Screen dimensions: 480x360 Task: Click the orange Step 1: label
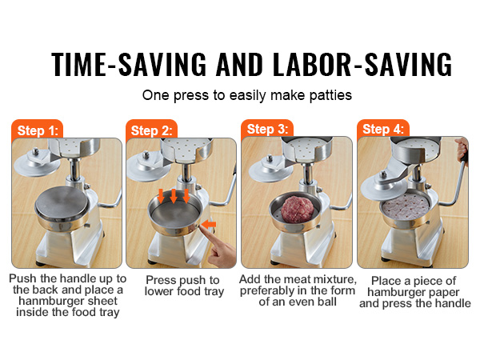tap(38, 130)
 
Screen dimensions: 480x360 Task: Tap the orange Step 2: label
tap(152, 130)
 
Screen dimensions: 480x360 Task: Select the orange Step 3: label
tap(267, 129)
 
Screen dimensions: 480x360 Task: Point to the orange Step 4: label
tap(383, 129)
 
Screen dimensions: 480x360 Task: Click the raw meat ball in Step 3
tap(298, 210)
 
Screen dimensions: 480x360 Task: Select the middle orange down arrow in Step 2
tap(174, 196)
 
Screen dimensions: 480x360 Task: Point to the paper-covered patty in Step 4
tap(406, 206)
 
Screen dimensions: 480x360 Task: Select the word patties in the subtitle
tap(330, 95)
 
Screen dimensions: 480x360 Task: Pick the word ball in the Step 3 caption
tap(326, 302)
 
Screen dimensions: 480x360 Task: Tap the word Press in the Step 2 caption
tap(160, 280)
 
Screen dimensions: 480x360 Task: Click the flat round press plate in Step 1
tap(62, 203)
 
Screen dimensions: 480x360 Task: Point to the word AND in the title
tap(239, 64)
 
